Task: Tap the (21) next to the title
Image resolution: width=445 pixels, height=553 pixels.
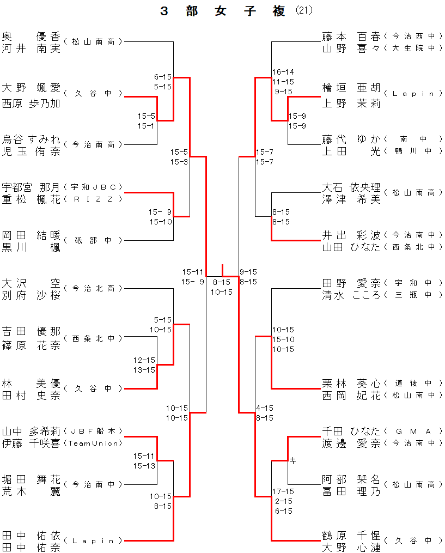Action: pyautogui.click(x=305, y=11)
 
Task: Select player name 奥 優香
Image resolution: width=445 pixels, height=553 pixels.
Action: pyautogui.click(x=31, y=37)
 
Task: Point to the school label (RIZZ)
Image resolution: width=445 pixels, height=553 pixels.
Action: pyautogui.click(x=93, y=199)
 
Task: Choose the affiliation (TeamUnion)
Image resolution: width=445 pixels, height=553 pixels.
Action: pyautogui.click(x=93, y=443)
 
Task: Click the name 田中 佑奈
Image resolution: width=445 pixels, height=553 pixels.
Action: pyautogui.click(x=31, y=548)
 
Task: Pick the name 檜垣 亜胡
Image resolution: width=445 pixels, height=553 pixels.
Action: pyautogui.click(x=351, y=88)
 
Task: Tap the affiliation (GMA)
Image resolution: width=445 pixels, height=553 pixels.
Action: pyautogui.click(x=413, y=431)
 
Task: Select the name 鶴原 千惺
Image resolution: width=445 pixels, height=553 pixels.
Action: pyautogui.click(x=351, y=535)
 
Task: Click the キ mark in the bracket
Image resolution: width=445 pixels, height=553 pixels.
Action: pyautogui.click(x=292, y=461)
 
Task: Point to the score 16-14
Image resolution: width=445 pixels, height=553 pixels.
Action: pyautogui.click(x=283, y=72)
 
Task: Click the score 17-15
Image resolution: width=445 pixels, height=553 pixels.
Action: pyautogui.click(x=283, y=491)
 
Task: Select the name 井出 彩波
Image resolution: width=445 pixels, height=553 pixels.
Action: pyautogui.click(x=351, y=235)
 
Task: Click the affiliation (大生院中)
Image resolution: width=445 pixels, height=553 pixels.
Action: pyautogui.click(x=413, y=48)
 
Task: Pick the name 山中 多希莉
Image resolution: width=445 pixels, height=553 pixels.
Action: pyautogui.click(x=31, y=431)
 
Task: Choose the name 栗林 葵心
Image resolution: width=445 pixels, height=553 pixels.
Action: pyautogui.click(x=351, y=383)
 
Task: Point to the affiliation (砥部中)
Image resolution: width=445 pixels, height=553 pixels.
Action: pyautogui.click(x=93, y=240)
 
